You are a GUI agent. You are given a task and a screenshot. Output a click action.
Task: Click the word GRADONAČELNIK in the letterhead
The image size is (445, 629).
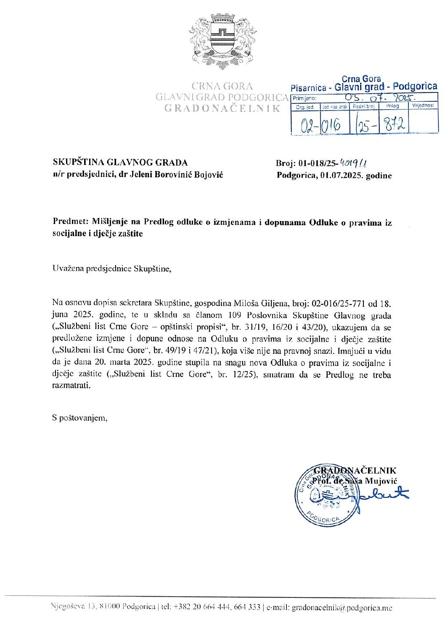pos(222,108)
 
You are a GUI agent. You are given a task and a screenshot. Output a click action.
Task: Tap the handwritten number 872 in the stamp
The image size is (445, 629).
pos(394,124)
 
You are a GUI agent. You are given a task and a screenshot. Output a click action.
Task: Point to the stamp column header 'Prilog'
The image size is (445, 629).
pos(392,106)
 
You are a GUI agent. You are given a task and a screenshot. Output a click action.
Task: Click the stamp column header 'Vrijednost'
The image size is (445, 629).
pos(423,105)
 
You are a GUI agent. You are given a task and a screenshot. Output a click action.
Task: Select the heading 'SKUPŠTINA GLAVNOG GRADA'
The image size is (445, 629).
pos(120,162)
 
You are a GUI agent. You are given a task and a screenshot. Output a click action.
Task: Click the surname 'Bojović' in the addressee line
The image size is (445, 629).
pos(208,174)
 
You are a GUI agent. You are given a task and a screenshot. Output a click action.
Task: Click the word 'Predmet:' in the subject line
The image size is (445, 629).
pos(69,222)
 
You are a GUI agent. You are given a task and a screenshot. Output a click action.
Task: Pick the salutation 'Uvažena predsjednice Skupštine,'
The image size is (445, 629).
pos(112,268)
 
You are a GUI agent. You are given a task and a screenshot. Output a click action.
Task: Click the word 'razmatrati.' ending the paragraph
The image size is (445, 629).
pos(71,386)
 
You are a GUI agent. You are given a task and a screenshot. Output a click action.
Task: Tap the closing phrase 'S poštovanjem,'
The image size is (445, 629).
pos(79,418)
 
